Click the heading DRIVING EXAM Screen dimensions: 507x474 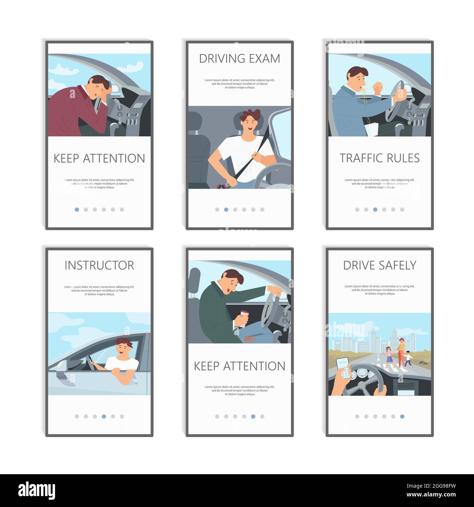pyautogui.click(x=240, y=58)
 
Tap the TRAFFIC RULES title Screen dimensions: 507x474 pyautogui.click(x=380, y=158)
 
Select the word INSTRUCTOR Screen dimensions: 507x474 pyautogui.click(x=99, y=265)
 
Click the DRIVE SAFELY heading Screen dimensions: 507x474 pyautogui.click(x=380, y=265)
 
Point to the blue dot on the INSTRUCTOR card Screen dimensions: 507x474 pyautogui.click(x=104, y=416)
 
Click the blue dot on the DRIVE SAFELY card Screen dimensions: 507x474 pyautogui.click(x=402, y=416)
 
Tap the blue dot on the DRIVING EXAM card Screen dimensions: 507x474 pyautogui.click(x=226, y=209)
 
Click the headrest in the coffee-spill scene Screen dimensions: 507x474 pyautogui.click(x=195, y=278)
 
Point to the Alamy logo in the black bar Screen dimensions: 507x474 pyautogui.click(x=36, y=490)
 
